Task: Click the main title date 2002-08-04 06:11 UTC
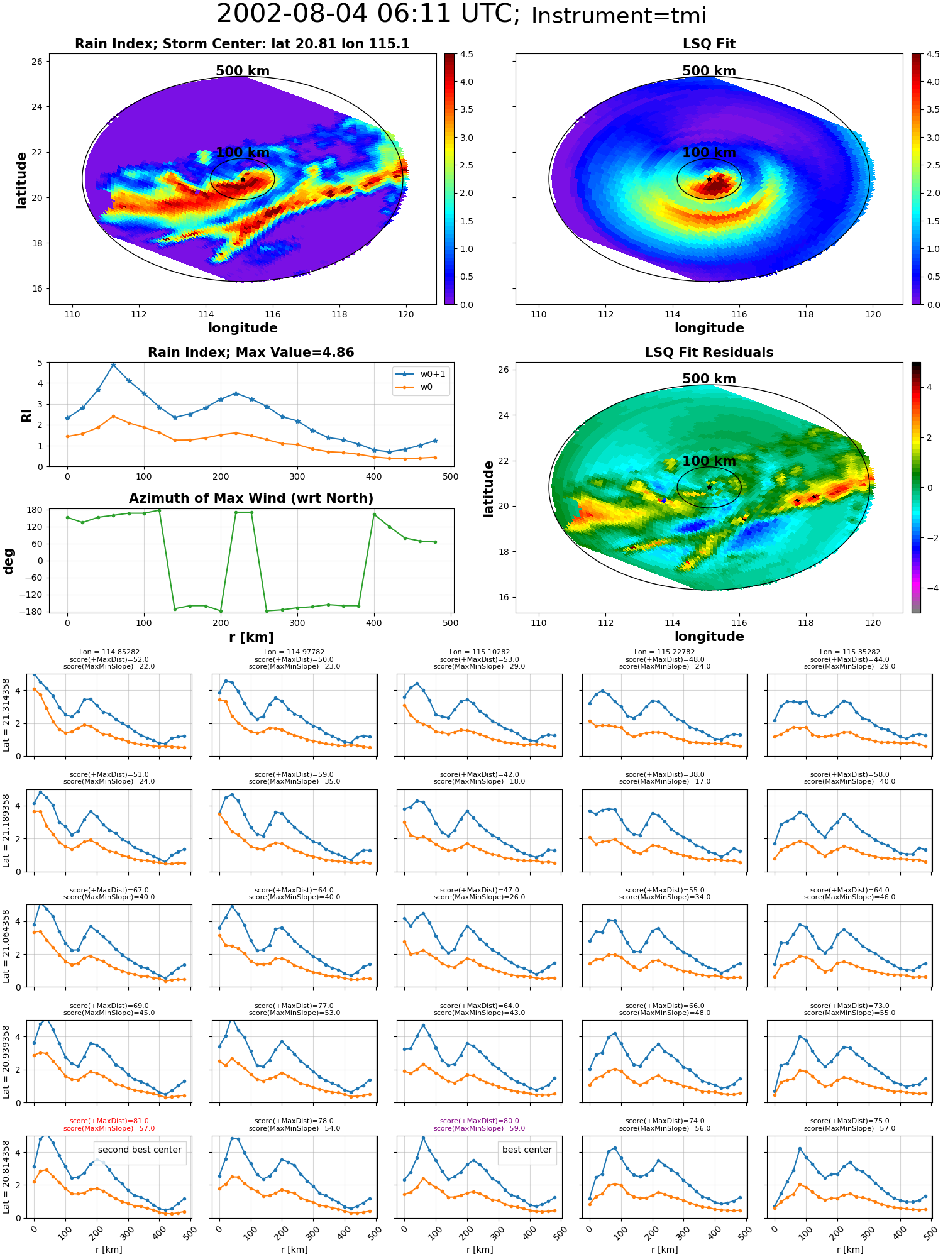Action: click(368, 14)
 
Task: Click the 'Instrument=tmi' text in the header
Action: click(619, 16)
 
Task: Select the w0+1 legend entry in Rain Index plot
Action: click(421, 374)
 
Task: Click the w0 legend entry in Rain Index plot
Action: click(414, 387)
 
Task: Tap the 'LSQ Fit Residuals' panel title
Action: click(709, 353)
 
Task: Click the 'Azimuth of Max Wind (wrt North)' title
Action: click(251, 498)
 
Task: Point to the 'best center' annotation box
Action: click(527, 1150)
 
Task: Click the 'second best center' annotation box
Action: click(140, 1150)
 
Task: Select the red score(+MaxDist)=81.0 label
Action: click(109, 1121)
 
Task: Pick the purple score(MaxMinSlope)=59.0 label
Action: click(480, 1128)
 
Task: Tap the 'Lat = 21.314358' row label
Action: click(6, 715)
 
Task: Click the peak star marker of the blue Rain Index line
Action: click(113, 365)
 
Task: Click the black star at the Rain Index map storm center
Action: click(243, 179)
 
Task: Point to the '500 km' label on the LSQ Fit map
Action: click(709, 71)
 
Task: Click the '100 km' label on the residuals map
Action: click(709, 461)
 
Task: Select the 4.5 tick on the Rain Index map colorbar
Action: click(466, 54)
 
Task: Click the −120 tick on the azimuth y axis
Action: click(31, 595)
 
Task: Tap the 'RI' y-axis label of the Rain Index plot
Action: click(27, 415)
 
